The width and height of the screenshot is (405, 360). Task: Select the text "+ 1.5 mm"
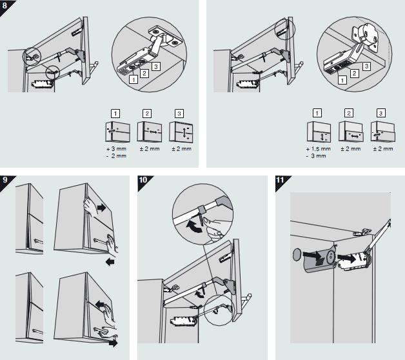point(317,149)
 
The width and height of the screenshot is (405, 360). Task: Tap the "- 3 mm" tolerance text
point(318,156)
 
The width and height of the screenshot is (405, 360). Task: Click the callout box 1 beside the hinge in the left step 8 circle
point(132,79)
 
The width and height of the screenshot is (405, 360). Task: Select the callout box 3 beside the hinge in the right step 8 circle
point(366,66)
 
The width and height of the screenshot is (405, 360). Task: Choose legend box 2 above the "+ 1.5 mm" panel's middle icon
point(349,112)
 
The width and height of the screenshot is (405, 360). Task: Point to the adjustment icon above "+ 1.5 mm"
point(317,133)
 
